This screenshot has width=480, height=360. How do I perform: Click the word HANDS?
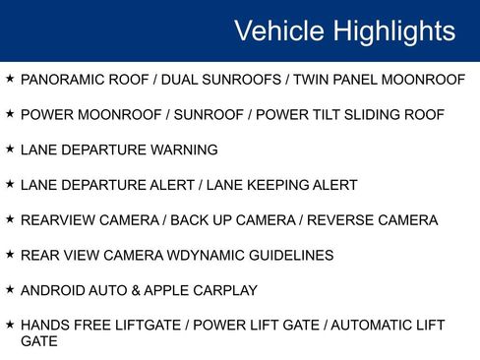click(44, 326)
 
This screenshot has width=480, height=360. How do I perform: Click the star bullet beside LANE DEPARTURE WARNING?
click(9, 149)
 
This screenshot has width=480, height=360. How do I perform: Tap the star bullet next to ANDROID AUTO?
click(9, 290)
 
